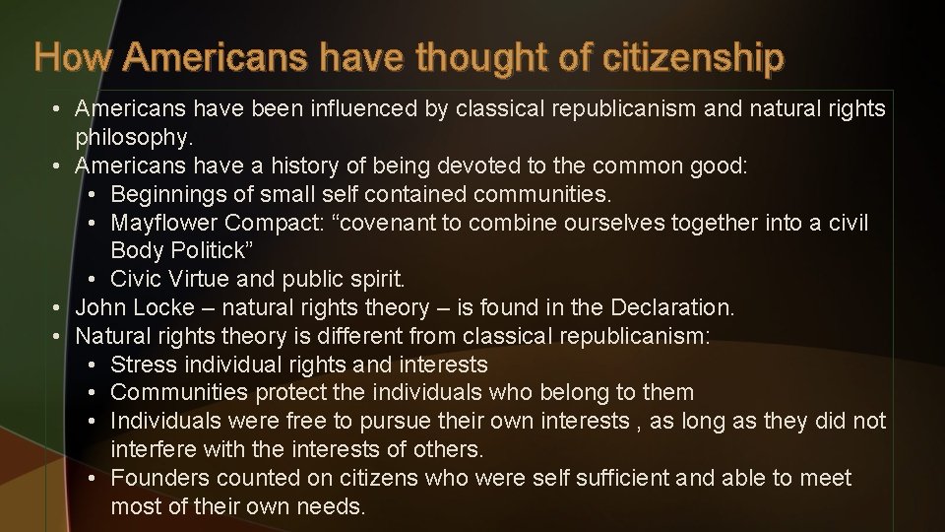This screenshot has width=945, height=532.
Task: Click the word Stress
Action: click(142, 365)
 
